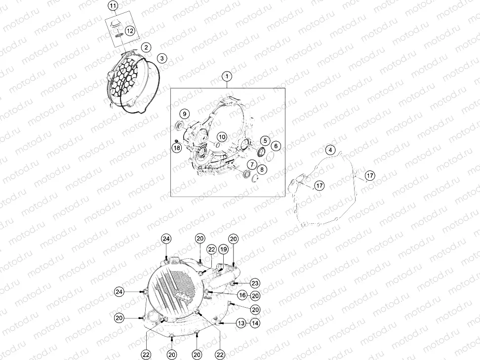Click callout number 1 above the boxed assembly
[227, 76]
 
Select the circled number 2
[146, 47]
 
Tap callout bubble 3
[162, 58]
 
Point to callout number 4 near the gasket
[330, 150]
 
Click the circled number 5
[265, 141]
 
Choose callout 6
[276, 146]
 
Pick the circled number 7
[252, 165]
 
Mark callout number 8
[262, 169]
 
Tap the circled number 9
[185, 114]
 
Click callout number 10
[222, 137]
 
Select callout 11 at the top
[113, 5]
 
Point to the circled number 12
[130, 31]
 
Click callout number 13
[241, 322]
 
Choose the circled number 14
[255, 322]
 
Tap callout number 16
[242, 295]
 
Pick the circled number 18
[177, 148]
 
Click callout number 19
[224, 249]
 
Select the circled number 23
[255, 283]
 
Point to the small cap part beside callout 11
[115, 23]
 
